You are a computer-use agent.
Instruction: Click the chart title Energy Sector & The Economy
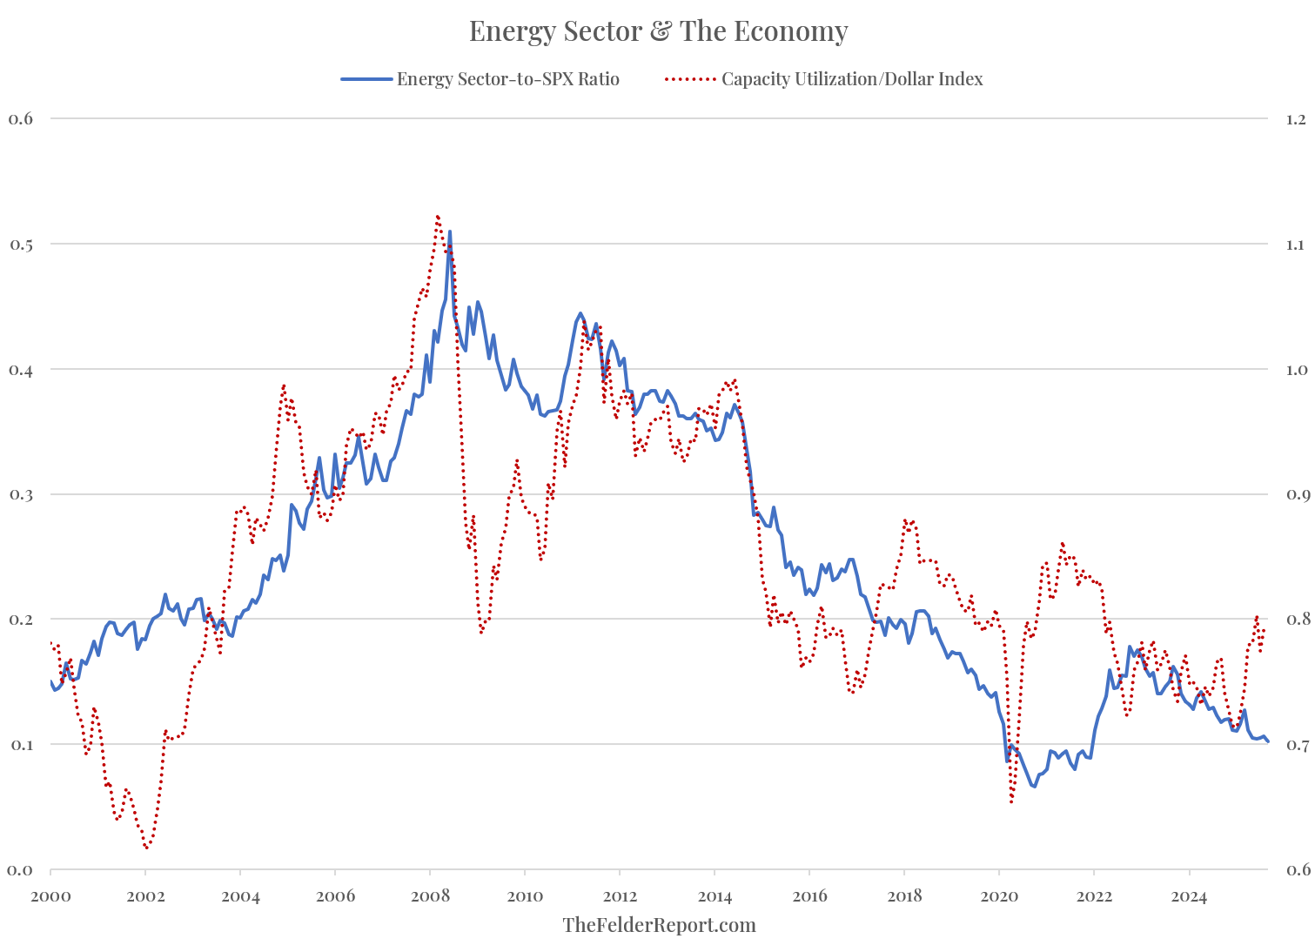(x=658, y=31)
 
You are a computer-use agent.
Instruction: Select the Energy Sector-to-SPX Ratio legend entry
(x=507, y=79)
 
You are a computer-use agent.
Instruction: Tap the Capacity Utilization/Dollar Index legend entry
(x=851, y=79)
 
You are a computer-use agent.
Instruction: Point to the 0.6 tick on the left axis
(x=20, y=118)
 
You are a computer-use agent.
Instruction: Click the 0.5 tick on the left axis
(x=20, y=244)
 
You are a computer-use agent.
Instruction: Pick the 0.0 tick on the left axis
(x=20, y=869)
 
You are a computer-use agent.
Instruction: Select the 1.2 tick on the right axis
(x=1296, y=118)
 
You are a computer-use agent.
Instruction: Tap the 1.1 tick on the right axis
(x=1296, y=244)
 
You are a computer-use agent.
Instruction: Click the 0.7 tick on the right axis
(x=1296, y=745)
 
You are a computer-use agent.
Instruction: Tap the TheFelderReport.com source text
(x=659, y=925)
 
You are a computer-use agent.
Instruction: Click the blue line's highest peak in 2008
(x=449, y=231)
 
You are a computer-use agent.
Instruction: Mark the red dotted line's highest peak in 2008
(x=437, y=216)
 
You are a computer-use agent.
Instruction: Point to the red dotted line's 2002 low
(x=146, y=847)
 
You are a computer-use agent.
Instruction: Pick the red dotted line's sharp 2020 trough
(x=1011, y=801)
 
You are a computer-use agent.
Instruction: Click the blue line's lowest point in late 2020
(x=1034, y=787)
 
